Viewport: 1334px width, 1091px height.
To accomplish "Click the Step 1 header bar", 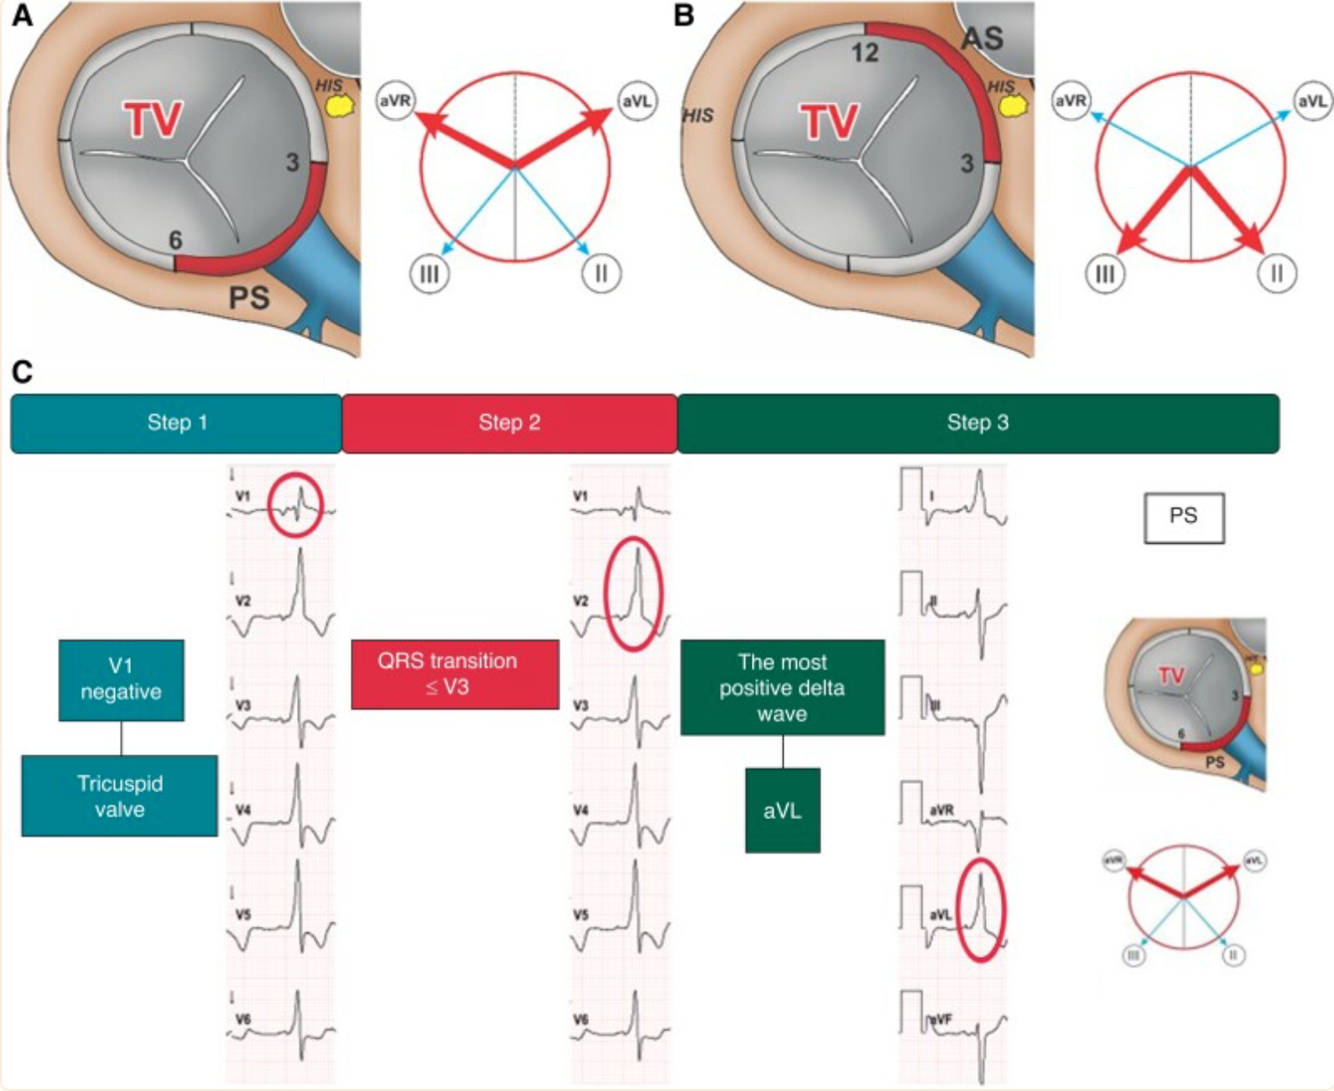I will pyautogui.click(x=176, y=423).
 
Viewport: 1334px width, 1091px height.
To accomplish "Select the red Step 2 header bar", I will pyautogui.click(x=509, y=423).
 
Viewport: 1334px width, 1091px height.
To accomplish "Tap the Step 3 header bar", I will pyautogui.click(x=977, y=423).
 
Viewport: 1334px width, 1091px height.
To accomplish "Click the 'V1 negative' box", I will pyautogui.click(x=121, y=680).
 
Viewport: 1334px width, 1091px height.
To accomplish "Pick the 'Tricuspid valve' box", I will pyautogui.click(x=119, y=796).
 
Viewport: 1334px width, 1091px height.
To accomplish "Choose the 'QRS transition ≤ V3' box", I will pyautogui.click(x=455, y=674).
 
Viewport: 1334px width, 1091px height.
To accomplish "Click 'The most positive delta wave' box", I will pyautogui.click(x=782, y=688).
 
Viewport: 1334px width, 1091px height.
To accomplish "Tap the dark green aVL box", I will pyautogui.click(x=782, y=811).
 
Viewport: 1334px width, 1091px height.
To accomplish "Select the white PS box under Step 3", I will pyautogui.click(x=1184, y=517).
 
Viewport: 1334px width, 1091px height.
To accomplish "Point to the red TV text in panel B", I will pyautogui.click(x=830, y=123).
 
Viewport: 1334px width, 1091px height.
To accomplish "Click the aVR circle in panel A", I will pyautogui.click(x=395, y=101).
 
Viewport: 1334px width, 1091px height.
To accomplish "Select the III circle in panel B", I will pyautogui.click(x=1105, y=274).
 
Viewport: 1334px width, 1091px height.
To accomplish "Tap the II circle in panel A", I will pyautogui.click(x=602, y=274).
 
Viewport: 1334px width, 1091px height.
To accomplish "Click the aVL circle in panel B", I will pyautogui.click(x=1312, y=101).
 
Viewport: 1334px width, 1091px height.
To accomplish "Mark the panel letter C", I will pyautogui.click(x=22, y=372).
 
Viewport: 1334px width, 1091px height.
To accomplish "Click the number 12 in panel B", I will pyautogui.click(x=865, y=54).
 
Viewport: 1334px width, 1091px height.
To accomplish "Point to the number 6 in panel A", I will pyautogui.click(x=175, y=241).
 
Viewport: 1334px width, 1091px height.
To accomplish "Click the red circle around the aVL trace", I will pyautogui.click(x=981, y=910).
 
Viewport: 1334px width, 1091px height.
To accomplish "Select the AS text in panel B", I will pyautogui.click(x=982, y=39).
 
